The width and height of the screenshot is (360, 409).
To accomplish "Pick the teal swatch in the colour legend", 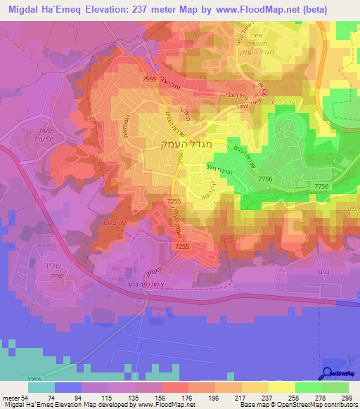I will (x=41, y=387).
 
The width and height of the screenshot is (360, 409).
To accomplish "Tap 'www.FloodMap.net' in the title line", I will (x=274, y=8).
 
